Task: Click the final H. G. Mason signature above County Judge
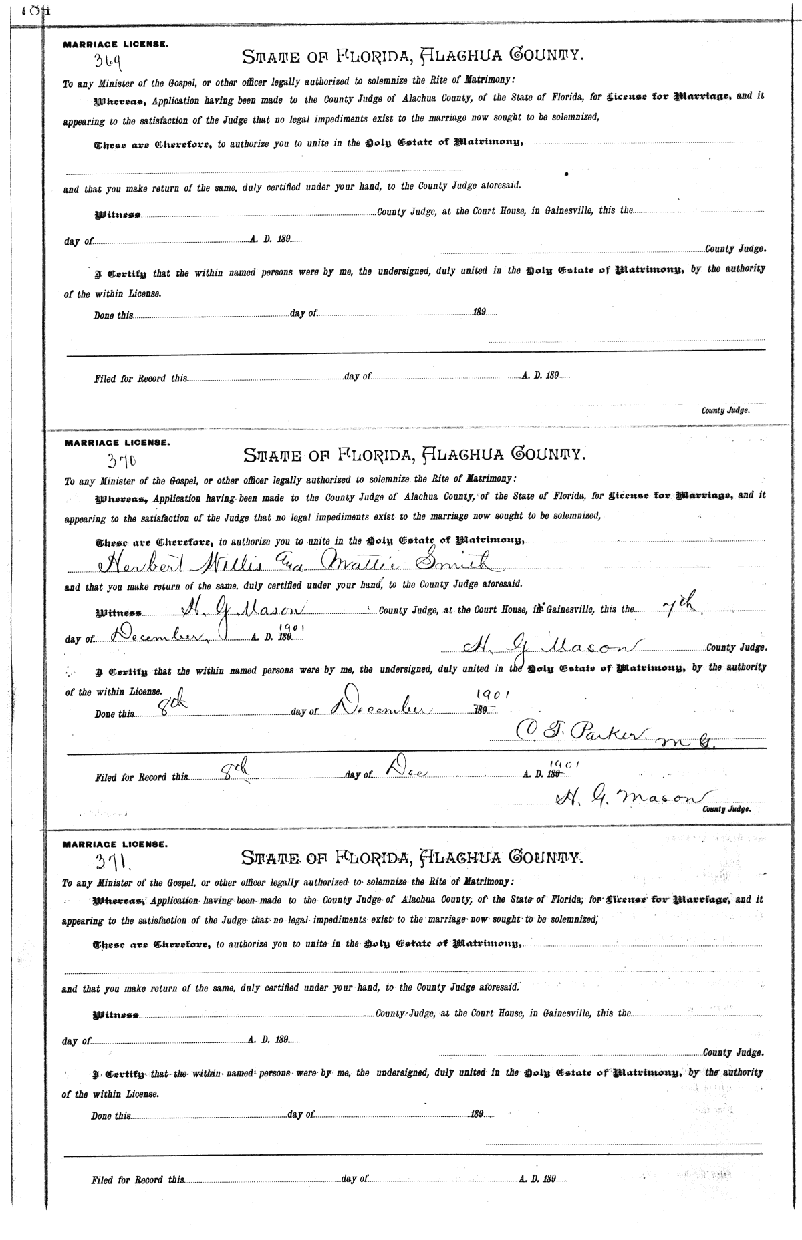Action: point(629,798)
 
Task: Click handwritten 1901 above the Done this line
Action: point(495,695)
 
